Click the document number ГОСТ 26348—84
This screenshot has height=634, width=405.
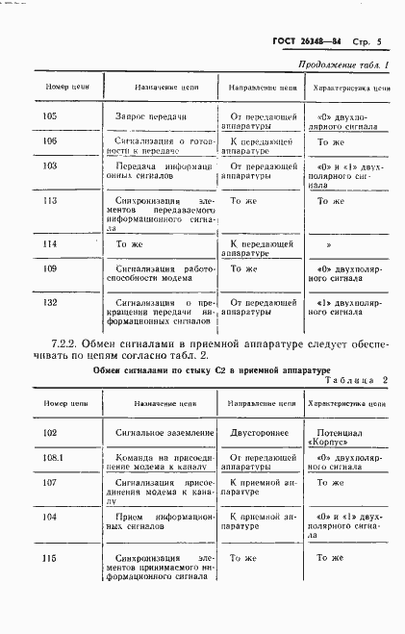click(302, 41)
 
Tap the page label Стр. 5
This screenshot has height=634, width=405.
click(367, 41)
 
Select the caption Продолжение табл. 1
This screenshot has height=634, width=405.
click(339, 65)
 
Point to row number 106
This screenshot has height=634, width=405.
click(52, 141)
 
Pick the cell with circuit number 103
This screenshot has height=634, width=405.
click(52, 165)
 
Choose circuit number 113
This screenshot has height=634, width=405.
click(52, 202)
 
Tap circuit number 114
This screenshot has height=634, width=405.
click(52, 245)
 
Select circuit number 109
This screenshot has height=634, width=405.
click(52, 269)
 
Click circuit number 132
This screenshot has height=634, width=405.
click(52, 303)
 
